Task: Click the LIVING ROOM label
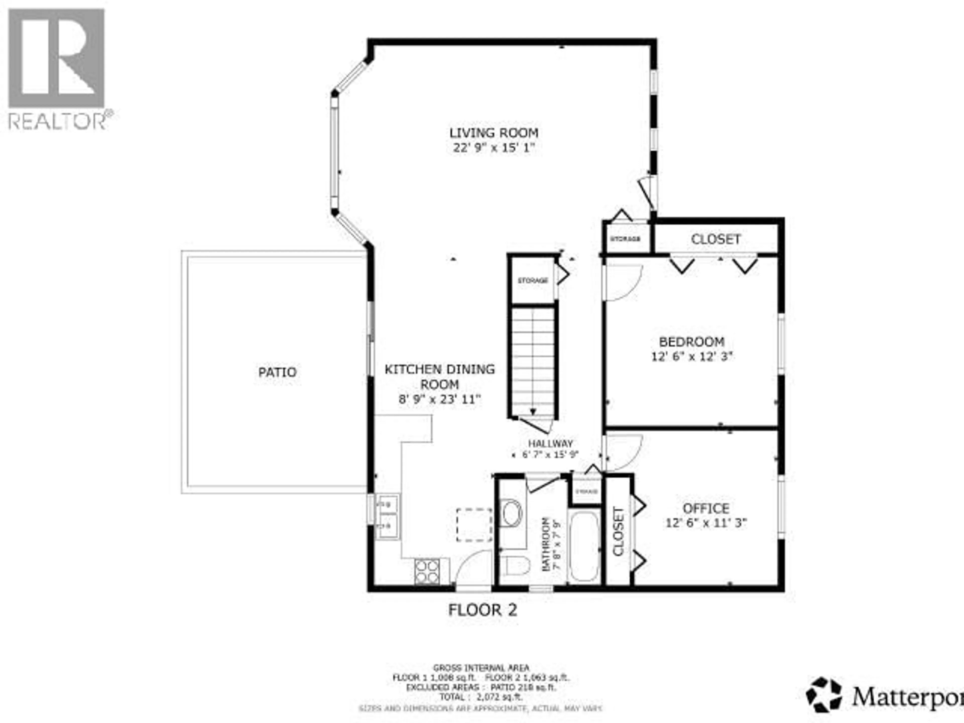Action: tap(494, 133)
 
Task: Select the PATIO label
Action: tap(277, 372)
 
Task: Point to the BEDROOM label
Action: tap(692, 342)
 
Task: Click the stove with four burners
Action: tap(427, 571)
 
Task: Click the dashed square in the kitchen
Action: tap(474, 525)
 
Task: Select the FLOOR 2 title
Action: tap(483, 610)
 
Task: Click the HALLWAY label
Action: tap(551, 444)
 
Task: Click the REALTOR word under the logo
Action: tap(57, 122)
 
